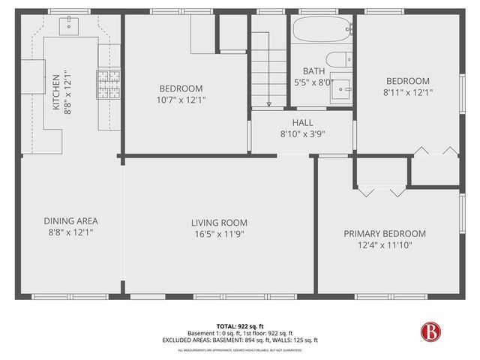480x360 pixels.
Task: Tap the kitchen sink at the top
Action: tap(73, 27)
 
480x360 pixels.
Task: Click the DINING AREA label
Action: tap(71, 221)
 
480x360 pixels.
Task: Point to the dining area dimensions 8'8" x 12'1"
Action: tap(71, 233)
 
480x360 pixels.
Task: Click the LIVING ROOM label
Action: tap(219, 223)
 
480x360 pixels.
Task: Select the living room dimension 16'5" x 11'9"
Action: tap(219, 234)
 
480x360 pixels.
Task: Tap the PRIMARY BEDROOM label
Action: tap(385, 233)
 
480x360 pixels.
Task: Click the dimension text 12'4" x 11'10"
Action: tap(385, 244)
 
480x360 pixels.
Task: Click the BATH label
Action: tap(302, 71)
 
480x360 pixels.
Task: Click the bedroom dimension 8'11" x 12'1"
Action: tap(407, 92)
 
